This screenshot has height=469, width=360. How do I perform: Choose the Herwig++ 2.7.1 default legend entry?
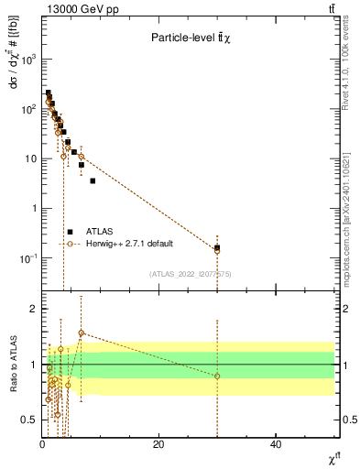[x=127, y=244]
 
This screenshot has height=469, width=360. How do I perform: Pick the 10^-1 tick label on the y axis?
[x=27, y=259]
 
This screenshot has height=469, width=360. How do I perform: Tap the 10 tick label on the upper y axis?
[x=29, y=158]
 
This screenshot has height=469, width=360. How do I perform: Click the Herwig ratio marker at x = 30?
[x=217, y=376]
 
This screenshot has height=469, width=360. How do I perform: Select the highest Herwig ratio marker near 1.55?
[x=82, y=333]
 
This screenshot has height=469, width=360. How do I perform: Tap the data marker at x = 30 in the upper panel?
[x=217, y=247]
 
